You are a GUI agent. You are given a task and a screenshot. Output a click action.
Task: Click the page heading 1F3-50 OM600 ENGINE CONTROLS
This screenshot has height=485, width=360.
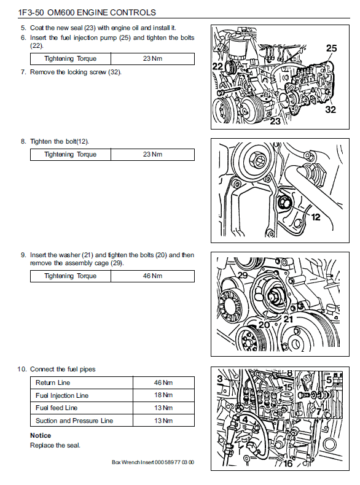pos(87,12)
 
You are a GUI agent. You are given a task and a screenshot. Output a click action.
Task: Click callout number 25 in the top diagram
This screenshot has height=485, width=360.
pos(331,49)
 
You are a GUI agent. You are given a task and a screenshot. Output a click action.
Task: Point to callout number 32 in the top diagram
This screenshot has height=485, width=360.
pos(331,109)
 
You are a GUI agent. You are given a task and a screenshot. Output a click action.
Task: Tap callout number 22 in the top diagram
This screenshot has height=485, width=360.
pos(217,66)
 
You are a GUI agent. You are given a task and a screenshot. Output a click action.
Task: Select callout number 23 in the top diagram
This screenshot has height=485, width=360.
pos(275,121)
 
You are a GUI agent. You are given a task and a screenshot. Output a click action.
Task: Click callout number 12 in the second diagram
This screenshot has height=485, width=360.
pos(315,217)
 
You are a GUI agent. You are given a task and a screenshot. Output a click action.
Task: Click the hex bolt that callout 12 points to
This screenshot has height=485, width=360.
pos(284,203)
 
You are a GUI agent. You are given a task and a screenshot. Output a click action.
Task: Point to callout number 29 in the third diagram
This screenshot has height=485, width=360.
pos(243,275)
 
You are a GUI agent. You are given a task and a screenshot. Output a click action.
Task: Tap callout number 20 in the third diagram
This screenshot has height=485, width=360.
pos(264,325)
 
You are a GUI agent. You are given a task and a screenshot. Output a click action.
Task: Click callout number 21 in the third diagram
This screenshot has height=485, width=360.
pos(288,319)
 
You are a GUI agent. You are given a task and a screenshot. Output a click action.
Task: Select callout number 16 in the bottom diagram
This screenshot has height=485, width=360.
pos(288,464)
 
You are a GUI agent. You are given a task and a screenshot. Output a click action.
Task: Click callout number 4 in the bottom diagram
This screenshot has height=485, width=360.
pos(245,420)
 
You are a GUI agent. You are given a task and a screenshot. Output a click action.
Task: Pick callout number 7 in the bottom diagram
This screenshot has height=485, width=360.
pos(318,412)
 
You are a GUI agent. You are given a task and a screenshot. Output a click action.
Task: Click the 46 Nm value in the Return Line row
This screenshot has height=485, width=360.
pos(163,382)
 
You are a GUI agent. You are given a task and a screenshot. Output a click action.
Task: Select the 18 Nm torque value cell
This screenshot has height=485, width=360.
pos(163,395)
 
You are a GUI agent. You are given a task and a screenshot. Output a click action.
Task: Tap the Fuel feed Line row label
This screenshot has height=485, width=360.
pos(57,408)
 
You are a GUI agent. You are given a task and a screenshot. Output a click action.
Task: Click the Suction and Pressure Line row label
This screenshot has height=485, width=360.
pos(74,421)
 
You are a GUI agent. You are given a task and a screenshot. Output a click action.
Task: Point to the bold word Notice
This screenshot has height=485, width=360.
pos(41,435)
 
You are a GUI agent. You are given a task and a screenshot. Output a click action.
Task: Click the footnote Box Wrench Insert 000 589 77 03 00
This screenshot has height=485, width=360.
pos(153,462)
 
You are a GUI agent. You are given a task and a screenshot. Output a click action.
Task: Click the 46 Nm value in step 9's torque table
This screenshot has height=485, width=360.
pos(152,276)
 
